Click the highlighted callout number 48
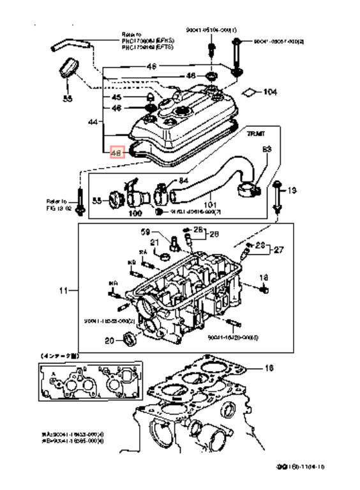point(116,153)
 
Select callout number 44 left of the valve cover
point(93,121)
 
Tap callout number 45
point(116,98)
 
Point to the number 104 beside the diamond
point(269,93)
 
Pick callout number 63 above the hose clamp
point(267,149)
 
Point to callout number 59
point(145,231)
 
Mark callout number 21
point(154,243)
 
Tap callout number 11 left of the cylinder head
point(62,291)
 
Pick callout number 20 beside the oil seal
point(109,341)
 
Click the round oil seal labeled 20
point(129,337)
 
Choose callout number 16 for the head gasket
point(269,369)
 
